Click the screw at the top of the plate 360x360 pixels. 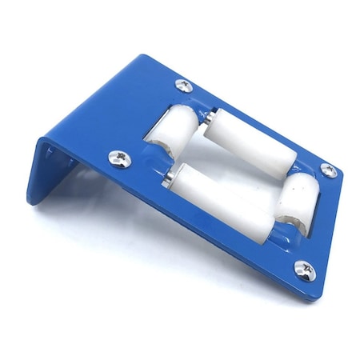click(183, 84)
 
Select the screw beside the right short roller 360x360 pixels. click(328, 170)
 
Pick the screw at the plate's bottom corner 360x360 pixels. click(304, 269)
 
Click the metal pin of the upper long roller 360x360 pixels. click(206, 117)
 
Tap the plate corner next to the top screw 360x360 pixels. click(148, 58)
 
